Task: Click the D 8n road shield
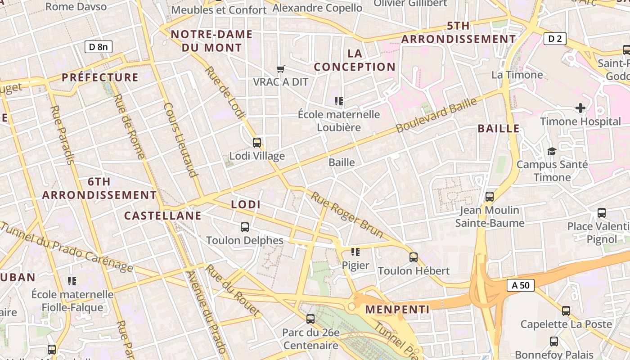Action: tap(98, 46)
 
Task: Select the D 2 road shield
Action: tap(554, 39)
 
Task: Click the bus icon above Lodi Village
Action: tap(256, 143)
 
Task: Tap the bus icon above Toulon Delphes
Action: tap(244, 227)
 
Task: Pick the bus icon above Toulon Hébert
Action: tap(413, 257)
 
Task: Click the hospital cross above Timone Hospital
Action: tap(580, 108)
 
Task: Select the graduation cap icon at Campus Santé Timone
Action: tap(552, 151)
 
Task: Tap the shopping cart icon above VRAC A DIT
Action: tap(281, 69)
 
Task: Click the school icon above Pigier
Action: tap(355, 252)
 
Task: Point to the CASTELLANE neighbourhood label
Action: tap(163, 216)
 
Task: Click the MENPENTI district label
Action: tap(397, 309)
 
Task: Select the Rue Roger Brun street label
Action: tap(347, 215)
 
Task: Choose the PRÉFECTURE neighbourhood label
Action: tap(100, 77)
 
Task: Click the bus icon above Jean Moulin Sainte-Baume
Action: tap(489, 197)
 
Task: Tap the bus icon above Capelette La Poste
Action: tap(566, 310)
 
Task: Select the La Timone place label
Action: tap(517, 75)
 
